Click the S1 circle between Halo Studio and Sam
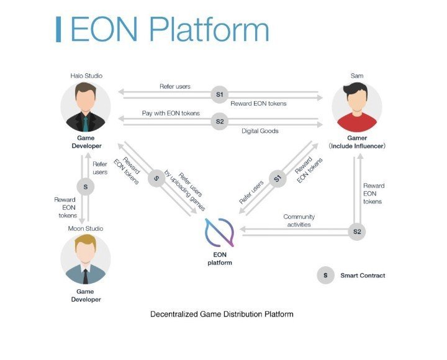tap(220, 94)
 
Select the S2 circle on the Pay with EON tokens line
tap(220, 122)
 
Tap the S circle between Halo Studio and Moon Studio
tap(86, 187)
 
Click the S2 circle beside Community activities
tap(357, 232)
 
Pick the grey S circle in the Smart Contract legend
tap(325, 276)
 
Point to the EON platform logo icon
tap(220, 232)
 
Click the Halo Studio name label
tap(86, 76)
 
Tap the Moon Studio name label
tap(86, 228)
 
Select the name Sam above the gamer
tap(357, 76)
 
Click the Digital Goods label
tap(260, 131)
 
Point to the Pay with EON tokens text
tap(171, 113)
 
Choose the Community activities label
tap(299, 220)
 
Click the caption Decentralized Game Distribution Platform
tap(222, 314)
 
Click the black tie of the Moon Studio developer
tap(86, 276)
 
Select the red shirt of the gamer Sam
tap(357, 122)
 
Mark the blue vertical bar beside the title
tap(58, 29)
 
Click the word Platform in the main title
tap(209, 29)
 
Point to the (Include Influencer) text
tap(357, 146)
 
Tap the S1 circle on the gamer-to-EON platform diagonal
tap(278, 179)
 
